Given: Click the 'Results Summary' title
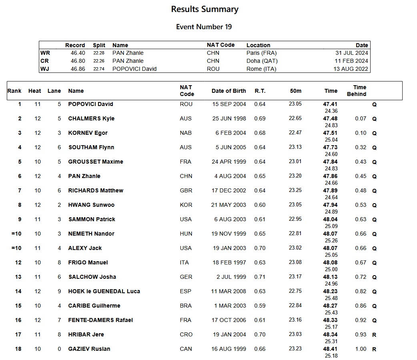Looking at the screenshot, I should click(204, 9).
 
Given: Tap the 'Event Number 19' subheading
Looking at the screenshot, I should click(204, 27).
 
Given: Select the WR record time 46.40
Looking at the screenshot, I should click(78, 53).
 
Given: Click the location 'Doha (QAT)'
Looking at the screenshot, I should click(262, 61).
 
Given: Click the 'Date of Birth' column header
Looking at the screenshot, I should click(229, 91).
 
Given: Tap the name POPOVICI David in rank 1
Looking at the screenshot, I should click(90, 104).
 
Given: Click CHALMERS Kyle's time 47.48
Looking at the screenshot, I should click(330, 118).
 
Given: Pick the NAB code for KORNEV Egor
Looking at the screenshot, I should click(186, 133).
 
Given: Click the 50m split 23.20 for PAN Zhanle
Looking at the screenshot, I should click(295, 176).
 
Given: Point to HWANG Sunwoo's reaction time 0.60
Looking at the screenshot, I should click(260, 205).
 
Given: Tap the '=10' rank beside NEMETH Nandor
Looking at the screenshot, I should click(16, 234).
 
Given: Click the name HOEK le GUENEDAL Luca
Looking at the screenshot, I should click(104, 291).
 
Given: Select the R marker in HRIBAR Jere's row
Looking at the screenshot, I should click(374, 335).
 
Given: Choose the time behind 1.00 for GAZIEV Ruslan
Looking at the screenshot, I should click(361, 349).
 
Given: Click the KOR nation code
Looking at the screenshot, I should click(186, 205).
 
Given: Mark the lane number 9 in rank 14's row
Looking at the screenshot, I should click(59, 291).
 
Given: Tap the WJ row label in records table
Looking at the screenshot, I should click(45, 69).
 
